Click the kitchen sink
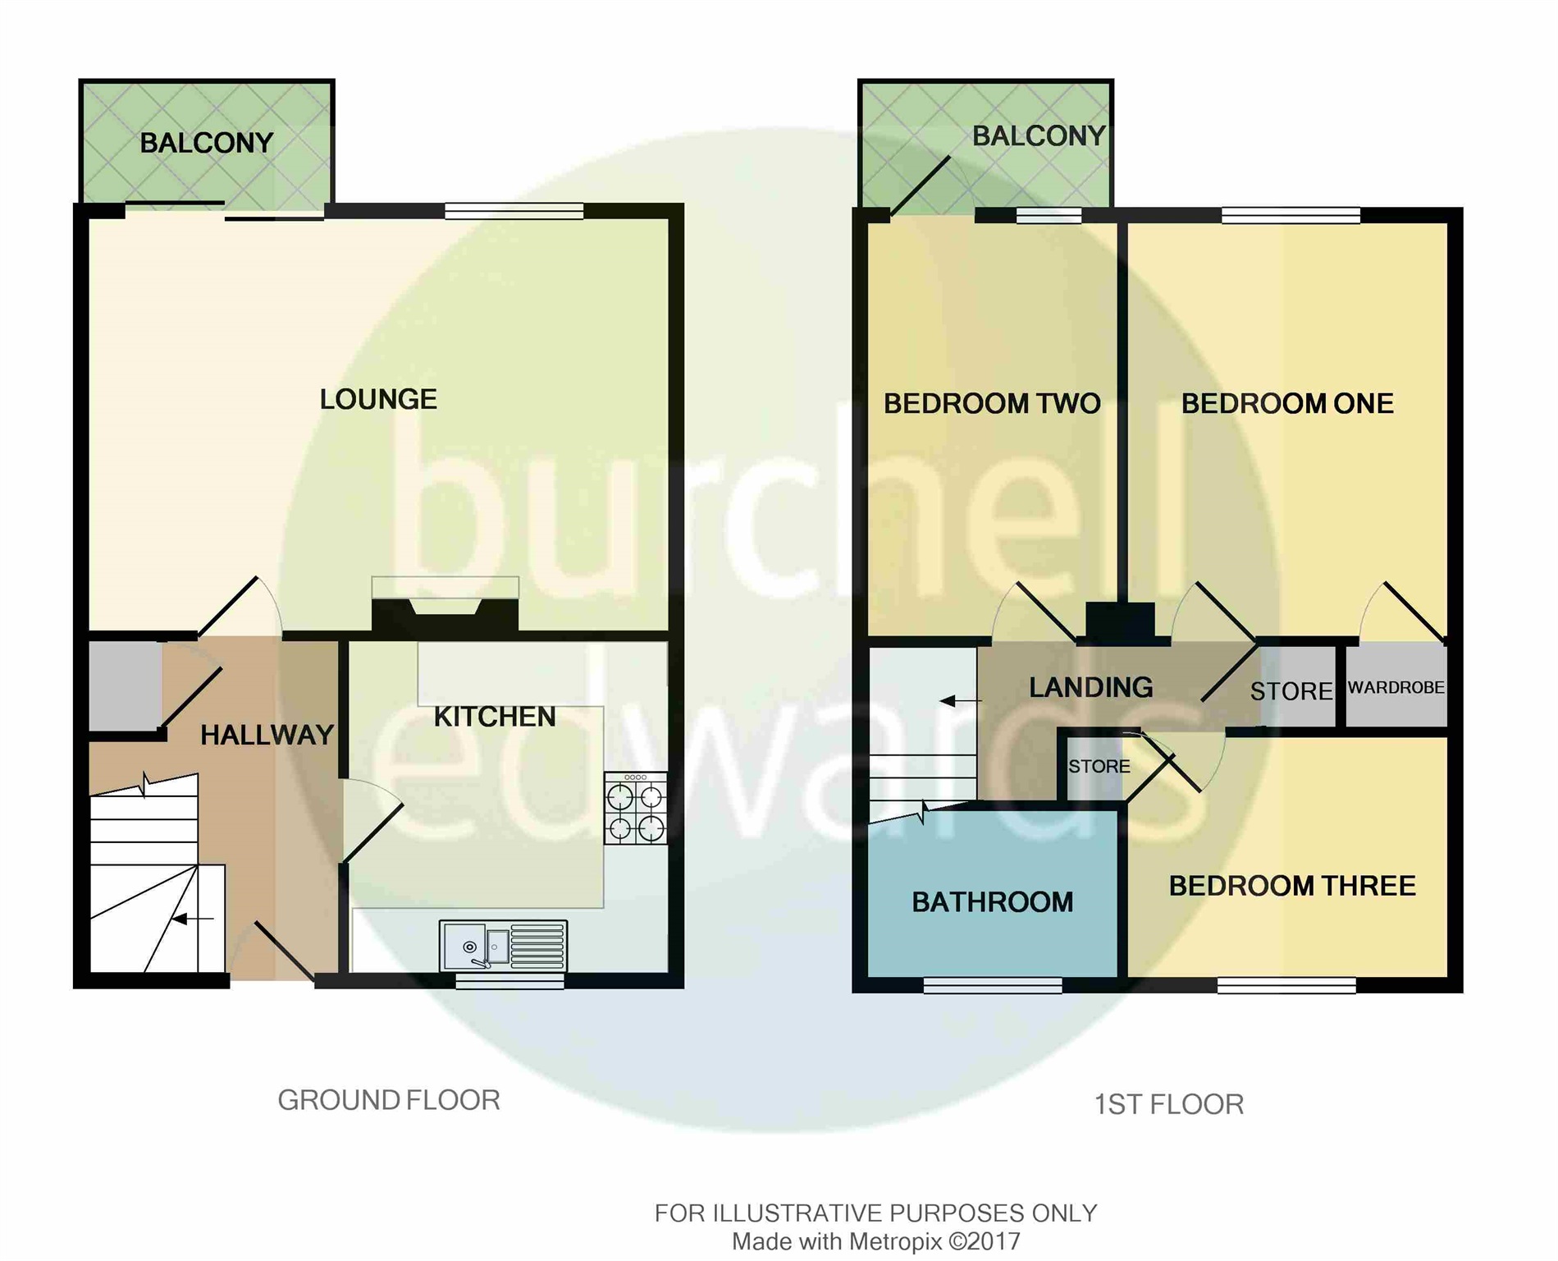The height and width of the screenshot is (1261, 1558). click(x=503, y=946)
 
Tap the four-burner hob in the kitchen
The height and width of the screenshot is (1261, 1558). click(x=635, y=809)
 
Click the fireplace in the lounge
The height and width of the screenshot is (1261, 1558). click(x=445, y=614)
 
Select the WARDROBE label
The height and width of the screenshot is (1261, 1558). click(x=1396, y=688)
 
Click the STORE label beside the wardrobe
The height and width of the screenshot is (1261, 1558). click(x=1291, y=691)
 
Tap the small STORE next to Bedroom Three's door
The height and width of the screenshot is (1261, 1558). click(x=1099, y=767)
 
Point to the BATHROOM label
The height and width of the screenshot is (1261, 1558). click(x=992, y=902)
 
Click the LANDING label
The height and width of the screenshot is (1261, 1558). click(x=1090, y=688)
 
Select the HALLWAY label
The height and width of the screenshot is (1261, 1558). click(x=267, y=735)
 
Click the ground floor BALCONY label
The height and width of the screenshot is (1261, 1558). click(x=206, y=144)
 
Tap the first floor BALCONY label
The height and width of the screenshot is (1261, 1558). click(x=1038, y=136)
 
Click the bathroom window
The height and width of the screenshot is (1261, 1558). click(x=992, y=985)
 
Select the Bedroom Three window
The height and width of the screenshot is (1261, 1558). click(x=1286, y=985)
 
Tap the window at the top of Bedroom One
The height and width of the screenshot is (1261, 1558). click(x=1290, y=215)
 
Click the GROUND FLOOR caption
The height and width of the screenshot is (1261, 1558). click(x=388, y=1100)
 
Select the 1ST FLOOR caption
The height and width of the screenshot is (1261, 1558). click(x=1168, y=1104)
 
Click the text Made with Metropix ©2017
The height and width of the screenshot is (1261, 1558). click(x=875, y=1242)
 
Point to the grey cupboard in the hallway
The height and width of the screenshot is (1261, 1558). click(x=125, y=686)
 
